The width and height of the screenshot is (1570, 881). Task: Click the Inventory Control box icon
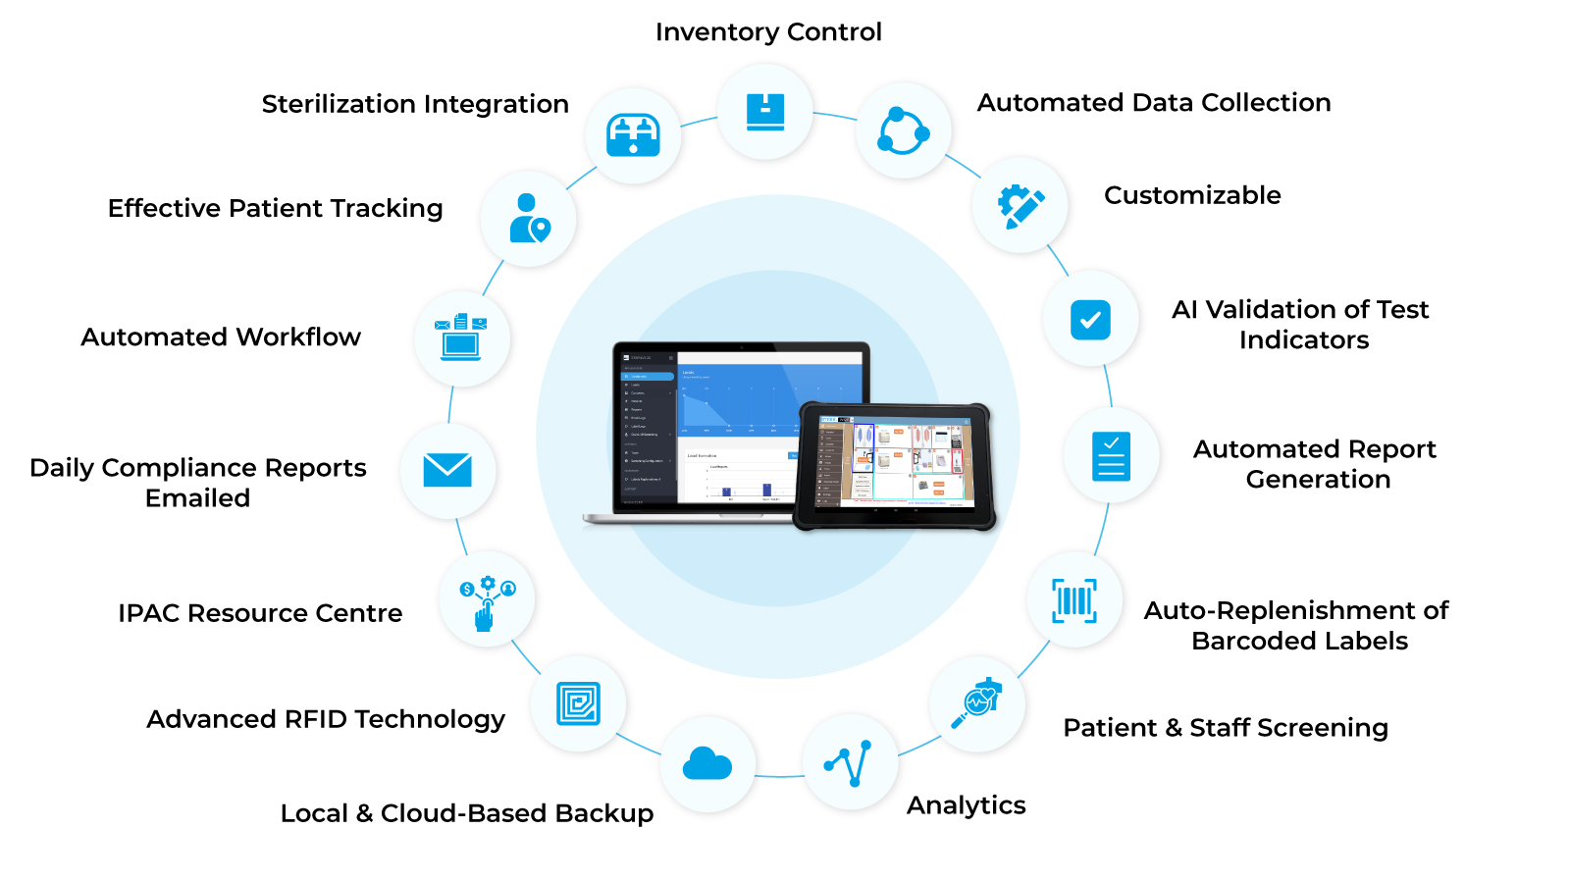click(764, 112)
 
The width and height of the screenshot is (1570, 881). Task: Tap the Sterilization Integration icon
click(633, 135)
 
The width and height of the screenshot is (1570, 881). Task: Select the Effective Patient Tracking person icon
click(529, 218)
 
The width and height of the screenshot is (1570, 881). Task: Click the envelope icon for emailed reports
click(447, 470)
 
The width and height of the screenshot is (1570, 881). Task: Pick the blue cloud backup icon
click(707, 763)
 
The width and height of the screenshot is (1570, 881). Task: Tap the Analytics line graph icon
click(850, 762)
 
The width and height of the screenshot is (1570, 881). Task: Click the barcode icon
click(1074, 600)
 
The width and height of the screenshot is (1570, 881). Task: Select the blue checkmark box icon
click(1090, 320)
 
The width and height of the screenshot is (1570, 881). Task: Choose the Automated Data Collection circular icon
click(903, 131)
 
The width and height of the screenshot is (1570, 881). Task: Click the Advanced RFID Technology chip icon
click(578, 703)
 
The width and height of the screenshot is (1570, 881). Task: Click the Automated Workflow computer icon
click(461, 337)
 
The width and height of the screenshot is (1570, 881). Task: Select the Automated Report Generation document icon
click(1111, 456)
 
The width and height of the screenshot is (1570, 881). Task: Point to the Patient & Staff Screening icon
click(977, 703)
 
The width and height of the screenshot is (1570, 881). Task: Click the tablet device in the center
click(894, 465)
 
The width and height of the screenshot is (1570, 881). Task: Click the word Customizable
click(1192, 195)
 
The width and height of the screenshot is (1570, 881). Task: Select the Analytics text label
click(966, 805)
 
